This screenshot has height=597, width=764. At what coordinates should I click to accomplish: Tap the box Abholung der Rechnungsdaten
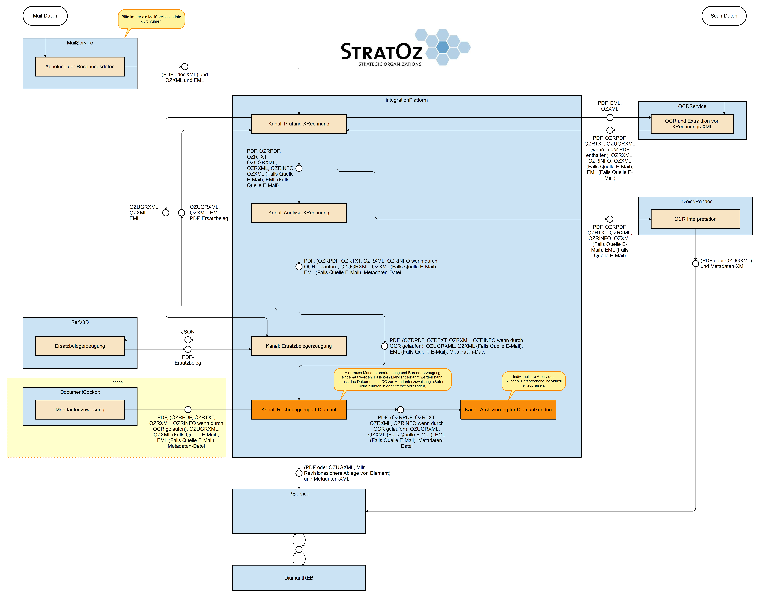80,67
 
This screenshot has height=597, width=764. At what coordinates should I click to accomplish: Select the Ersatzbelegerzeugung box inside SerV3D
80,346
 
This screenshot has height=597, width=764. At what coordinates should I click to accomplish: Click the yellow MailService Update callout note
151,19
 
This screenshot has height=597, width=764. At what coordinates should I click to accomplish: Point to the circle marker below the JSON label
188,340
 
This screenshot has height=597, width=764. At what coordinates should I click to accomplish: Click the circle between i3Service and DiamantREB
299,549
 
